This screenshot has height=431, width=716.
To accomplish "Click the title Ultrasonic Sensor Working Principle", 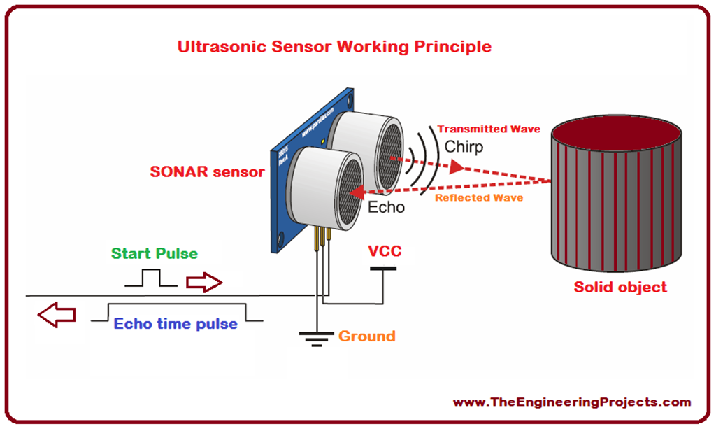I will coord(334,47).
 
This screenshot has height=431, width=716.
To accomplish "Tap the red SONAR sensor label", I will coord(207,172).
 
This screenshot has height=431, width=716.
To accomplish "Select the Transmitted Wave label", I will coord(489,129).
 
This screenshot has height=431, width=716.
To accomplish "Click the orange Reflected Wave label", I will coord(479,198).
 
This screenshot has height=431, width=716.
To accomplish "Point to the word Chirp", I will coord(464,147).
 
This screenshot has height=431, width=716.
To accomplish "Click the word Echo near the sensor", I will coord(386,207).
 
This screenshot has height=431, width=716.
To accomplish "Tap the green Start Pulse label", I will coord(155,253).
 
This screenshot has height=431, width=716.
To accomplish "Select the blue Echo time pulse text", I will coord(176,324).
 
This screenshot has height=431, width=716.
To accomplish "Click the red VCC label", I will coord(385,250).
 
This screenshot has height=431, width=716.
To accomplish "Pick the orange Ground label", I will coord(366,337).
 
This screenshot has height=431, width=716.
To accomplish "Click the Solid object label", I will coord(620,287).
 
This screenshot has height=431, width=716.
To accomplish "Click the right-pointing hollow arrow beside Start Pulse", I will coord(203,283).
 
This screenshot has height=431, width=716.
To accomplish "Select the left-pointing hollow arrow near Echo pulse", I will coord(56,316).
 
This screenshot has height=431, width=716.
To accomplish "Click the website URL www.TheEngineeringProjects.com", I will coord(572,402).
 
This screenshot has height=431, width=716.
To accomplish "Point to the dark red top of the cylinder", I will coord(616,132).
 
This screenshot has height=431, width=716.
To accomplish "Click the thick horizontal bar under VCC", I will coord(382,268).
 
